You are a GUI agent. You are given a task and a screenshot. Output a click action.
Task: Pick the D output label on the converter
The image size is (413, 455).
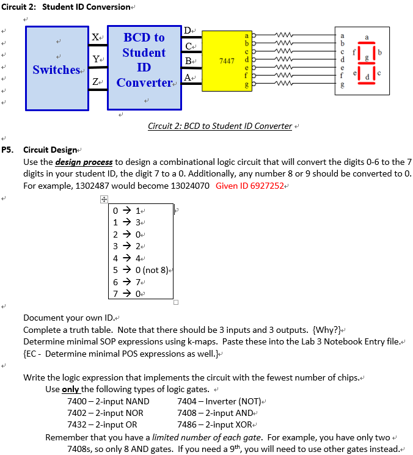[x=189, y=30]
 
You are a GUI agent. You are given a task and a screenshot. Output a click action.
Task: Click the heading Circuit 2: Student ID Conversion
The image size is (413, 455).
[x=67, y=7]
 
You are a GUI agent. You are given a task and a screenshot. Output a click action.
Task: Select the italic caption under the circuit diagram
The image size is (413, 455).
[x=220, y=126]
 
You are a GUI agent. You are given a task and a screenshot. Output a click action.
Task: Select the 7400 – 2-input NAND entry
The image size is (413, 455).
[x=108, y=401]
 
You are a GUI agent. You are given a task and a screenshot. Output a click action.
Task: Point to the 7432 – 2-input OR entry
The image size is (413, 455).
[x=102, y=424]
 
